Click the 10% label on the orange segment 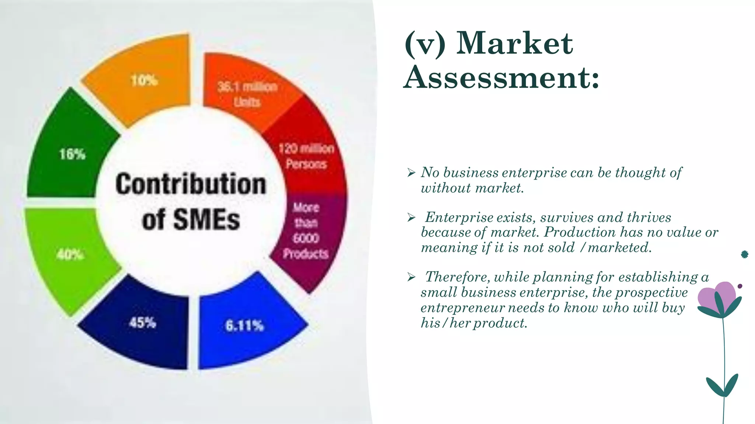144,80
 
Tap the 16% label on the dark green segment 72,154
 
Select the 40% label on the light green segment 70,254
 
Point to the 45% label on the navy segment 142,323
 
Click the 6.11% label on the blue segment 244,325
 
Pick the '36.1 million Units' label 247,94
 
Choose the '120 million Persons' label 306,156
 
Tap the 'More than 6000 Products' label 306,230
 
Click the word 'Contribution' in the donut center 191,184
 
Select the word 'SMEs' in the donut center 206,220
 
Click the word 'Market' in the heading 515,43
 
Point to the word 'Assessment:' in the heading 501,77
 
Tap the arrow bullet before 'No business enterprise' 411,173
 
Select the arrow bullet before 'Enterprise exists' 411,218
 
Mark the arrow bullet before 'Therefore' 411,277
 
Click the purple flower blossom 717,296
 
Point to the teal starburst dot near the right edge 744,254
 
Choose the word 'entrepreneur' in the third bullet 462,308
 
